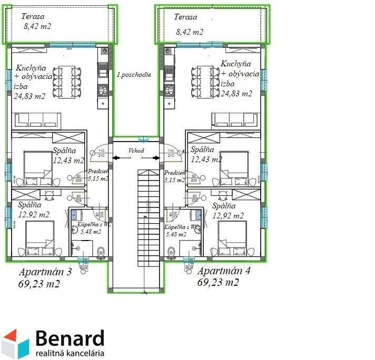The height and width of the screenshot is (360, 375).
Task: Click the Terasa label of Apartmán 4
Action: pyautogui.click(x=185, y=17)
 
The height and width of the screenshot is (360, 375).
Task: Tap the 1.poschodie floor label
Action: pyautogui.click(x=134, y=75)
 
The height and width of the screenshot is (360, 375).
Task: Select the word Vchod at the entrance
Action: pyautogui.click(x=136, y=151)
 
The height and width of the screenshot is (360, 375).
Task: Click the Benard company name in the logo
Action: pyautogui.click(x=70, y=337)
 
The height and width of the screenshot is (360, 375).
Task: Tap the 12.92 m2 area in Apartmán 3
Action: pyautogui.click(x=34, y=215)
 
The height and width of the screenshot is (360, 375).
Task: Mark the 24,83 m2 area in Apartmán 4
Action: pyautogui.click(x=236, y=94)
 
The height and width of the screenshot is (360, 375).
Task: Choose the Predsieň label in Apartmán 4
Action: pyautogui.click(x=174, y=173)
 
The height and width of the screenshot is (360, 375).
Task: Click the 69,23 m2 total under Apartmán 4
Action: pyautogui.click(x=218, y=282)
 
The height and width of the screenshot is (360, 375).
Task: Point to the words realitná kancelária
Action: pyautogui.click(x=70, y=354)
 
